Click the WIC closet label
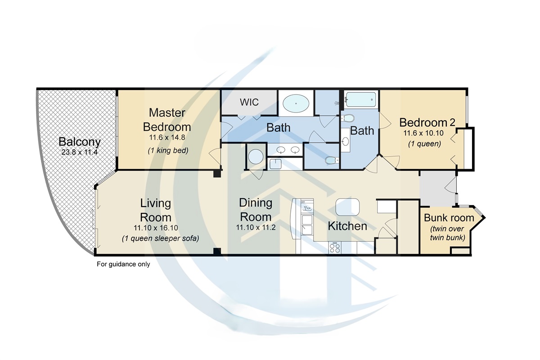(249, 102)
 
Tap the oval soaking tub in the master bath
(296, 104)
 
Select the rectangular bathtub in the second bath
(360, 99)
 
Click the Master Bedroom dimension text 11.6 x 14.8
(167, 138)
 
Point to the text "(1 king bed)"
(167, 151)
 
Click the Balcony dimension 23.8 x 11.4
(79, 152)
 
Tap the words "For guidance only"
(123, 264)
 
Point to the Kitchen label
(347, 225)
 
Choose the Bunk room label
(449, 218)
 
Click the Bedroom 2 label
(427, 122)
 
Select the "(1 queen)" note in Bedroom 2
(424, 144)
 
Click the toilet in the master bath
(331, 160)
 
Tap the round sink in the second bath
(346, 141)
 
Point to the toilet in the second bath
(348, 118)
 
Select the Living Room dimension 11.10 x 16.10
(155, 227)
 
